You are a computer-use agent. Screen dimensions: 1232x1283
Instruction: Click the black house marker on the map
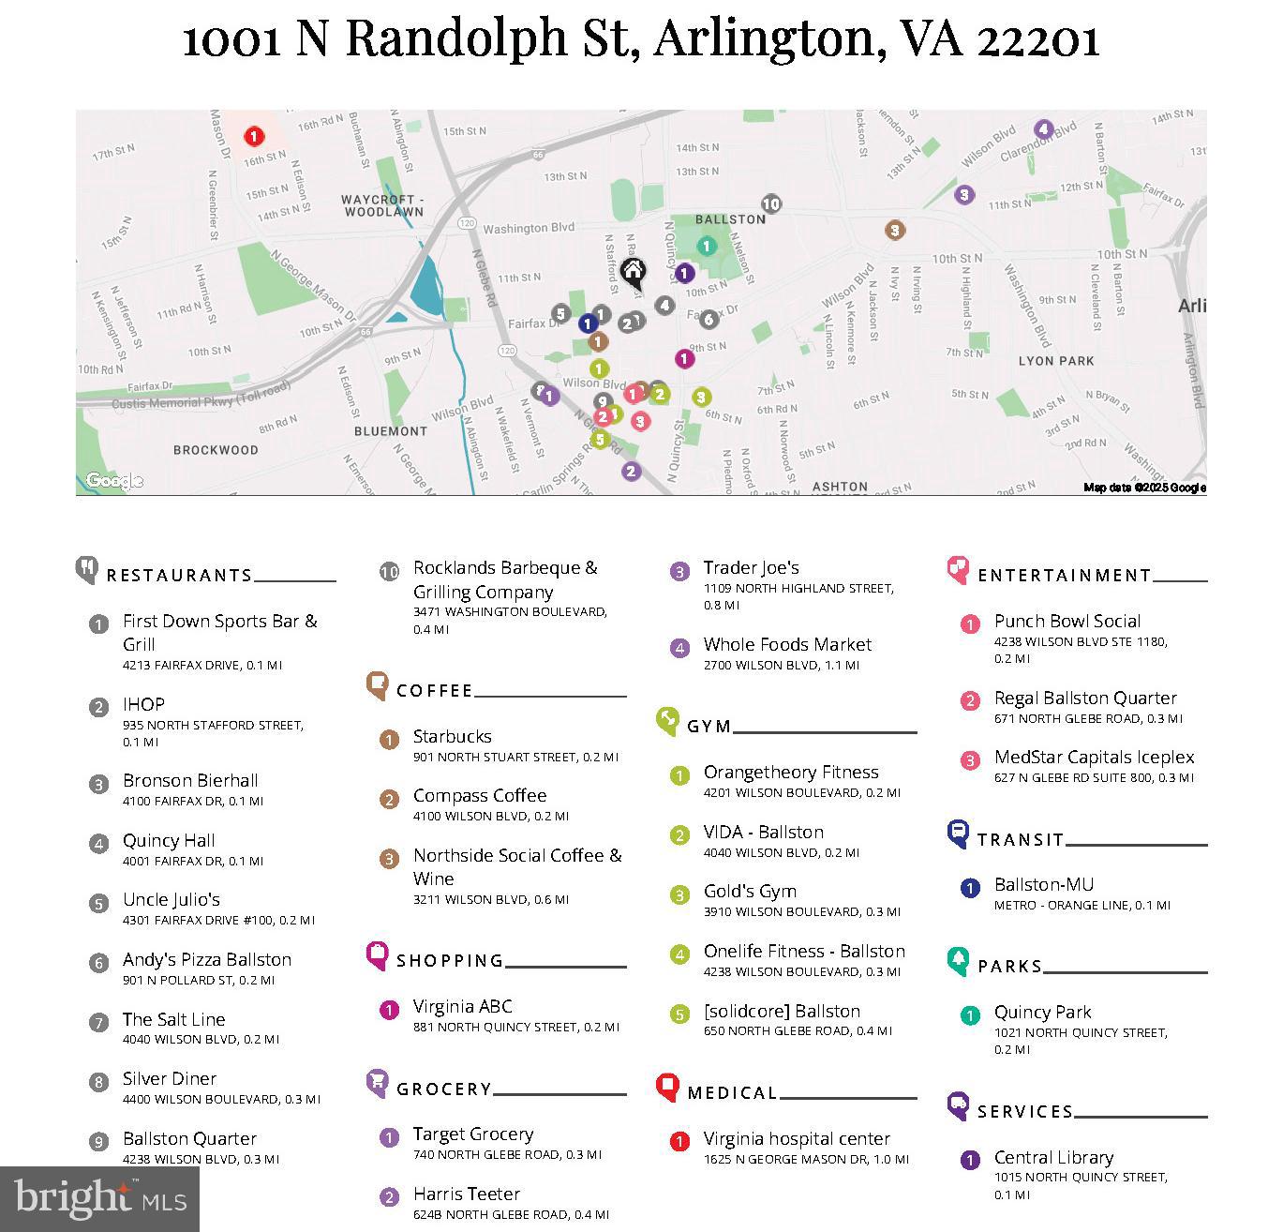pos(634,273)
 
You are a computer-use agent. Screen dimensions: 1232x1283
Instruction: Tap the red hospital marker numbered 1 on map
pos(253,137)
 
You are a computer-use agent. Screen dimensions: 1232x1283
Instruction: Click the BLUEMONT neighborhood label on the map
pos(390,431)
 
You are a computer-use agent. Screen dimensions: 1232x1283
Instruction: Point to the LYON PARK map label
pos(1056,361)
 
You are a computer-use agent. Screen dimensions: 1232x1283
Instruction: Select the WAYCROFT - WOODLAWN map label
pos(382,206)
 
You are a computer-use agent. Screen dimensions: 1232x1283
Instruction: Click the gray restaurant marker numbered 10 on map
pos(770,203)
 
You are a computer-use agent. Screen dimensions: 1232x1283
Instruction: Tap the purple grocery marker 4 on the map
pos(1043,129)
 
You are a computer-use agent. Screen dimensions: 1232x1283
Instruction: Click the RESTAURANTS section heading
pos(179,576)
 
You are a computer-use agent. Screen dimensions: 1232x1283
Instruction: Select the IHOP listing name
pos(143,704)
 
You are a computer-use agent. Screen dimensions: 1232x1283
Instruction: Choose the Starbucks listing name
pos(452,737)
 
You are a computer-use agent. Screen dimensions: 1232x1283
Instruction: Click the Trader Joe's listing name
pos(751,568)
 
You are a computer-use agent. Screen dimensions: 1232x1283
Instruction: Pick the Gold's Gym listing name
pos(750,892)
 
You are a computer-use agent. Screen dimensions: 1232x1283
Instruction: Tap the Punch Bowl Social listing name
pos(1067,622)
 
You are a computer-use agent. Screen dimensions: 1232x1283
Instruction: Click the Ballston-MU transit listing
pos(1043,885)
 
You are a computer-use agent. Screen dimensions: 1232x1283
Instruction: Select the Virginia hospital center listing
pos(796,1139)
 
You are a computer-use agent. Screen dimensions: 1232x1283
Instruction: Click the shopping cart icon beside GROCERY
pos(377,1084)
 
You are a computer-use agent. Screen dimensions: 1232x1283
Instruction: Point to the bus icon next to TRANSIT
pos(958,833)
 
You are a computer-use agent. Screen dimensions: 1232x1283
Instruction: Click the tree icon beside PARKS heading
pos(958,960)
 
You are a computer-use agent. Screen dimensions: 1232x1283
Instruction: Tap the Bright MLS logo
pos(99,1199)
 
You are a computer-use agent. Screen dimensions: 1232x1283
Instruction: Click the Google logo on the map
pos(113,481)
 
